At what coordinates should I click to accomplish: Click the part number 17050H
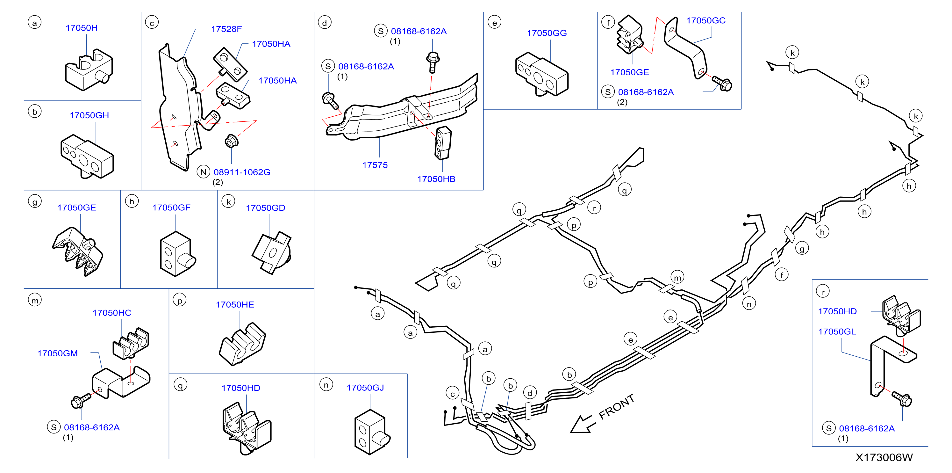(82, 28)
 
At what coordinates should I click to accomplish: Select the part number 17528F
(226, 29)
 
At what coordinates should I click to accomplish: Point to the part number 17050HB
(436, 179)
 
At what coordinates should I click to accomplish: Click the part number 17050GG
(547, 33)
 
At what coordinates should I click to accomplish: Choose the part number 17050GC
(705, 20)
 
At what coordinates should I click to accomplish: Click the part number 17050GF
(171, 207)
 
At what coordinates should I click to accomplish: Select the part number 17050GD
(265, 208)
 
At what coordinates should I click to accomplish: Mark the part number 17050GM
(57, 353)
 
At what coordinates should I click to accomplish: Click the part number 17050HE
(235, 304)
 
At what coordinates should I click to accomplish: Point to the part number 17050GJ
(365, 388)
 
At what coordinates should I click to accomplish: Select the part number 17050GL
(837, 331)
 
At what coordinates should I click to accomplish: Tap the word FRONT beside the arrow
(616, 406)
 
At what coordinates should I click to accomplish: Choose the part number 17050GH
(89, 115)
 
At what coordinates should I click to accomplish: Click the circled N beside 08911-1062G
(203, 172)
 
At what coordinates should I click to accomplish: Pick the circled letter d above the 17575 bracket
(325, 23)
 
